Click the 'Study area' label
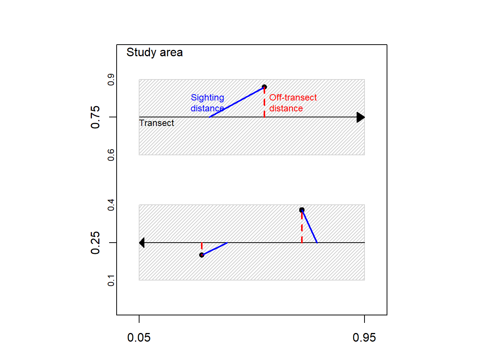[x=154, y=52]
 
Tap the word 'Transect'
[x=157, y=123]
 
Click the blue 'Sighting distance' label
[x=207, y=103]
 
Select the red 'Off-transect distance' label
[x=293, y=103]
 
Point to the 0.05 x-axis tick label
[x=139, y=337]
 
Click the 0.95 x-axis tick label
[x=364, y=337]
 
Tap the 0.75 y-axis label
[x=96, y=117]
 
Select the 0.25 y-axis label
[x=96, y=243]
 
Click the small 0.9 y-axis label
[x=111, y=79]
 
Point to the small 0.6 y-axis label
[x=111, y=154]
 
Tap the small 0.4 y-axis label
[x=111, y=205]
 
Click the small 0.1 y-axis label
[x=111, y=280]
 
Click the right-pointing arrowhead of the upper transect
[x=360, y=117]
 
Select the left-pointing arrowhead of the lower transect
[x=142, y=243]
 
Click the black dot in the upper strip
[x=264, y=87]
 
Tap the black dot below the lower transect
[x=202, y=255]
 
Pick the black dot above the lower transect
[x=302, y=210]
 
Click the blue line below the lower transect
[x=215, y=249]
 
